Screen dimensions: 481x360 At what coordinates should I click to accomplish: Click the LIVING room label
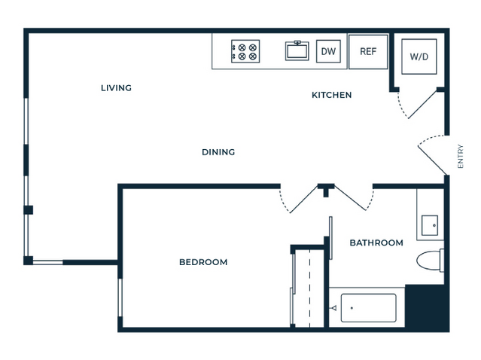[x=116, y=88]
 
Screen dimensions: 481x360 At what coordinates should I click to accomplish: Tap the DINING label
[x=218, y=152]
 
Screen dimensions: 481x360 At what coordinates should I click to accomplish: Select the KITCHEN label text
[x=332, y=95]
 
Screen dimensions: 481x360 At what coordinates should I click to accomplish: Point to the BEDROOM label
[x=203, y=262]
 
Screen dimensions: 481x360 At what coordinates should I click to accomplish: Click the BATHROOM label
[x=376, y=243]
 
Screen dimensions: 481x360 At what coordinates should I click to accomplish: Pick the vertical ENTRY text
[x=460, y=156]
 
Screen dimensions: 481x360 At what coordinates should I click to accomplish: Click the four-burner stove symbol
[x=245, y=51]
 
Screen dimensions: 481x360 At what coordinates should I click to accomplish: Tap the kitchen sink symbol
[x=297, y=50]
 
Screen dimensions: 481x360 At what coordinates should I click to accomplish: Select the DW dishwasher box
[x=328, y=51]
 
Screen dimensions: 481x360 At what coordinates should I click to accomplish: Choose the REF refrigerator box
[x=368, y=51]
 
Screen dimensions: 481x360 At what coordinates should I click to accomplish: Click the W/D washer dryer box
[x=419, y=56]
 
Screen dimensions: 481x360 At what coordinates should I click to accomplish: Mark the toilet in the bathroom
[x=430, y=261]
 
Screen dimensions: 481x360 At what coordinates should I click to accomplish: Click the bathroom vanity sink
[x=430, y=225]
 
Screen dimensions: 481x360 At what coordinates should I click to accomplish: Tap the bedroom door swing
[x=299, y=200]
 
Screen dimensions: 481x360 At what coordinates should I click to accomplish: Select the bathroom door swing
[x=355, y=198]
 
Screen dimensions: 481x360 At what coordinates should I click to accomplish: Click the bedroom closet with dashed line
[x=309, y=287]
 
